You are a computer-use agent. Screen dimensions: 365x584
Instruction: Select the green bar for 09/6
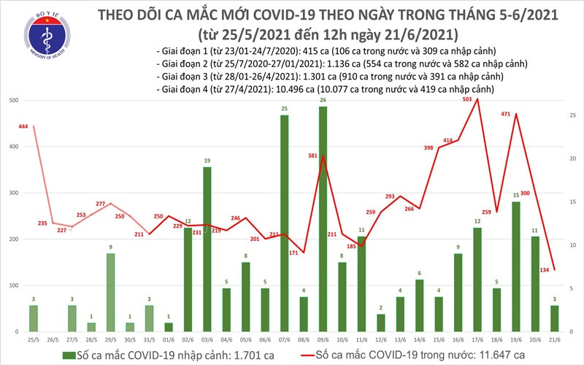tap(323, 219)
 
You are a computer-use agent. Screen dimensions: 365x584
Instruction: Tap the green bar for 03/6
tap(207, 249)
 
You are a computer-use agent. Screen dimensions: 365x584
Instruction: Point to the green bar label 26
tap(323, 100)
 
